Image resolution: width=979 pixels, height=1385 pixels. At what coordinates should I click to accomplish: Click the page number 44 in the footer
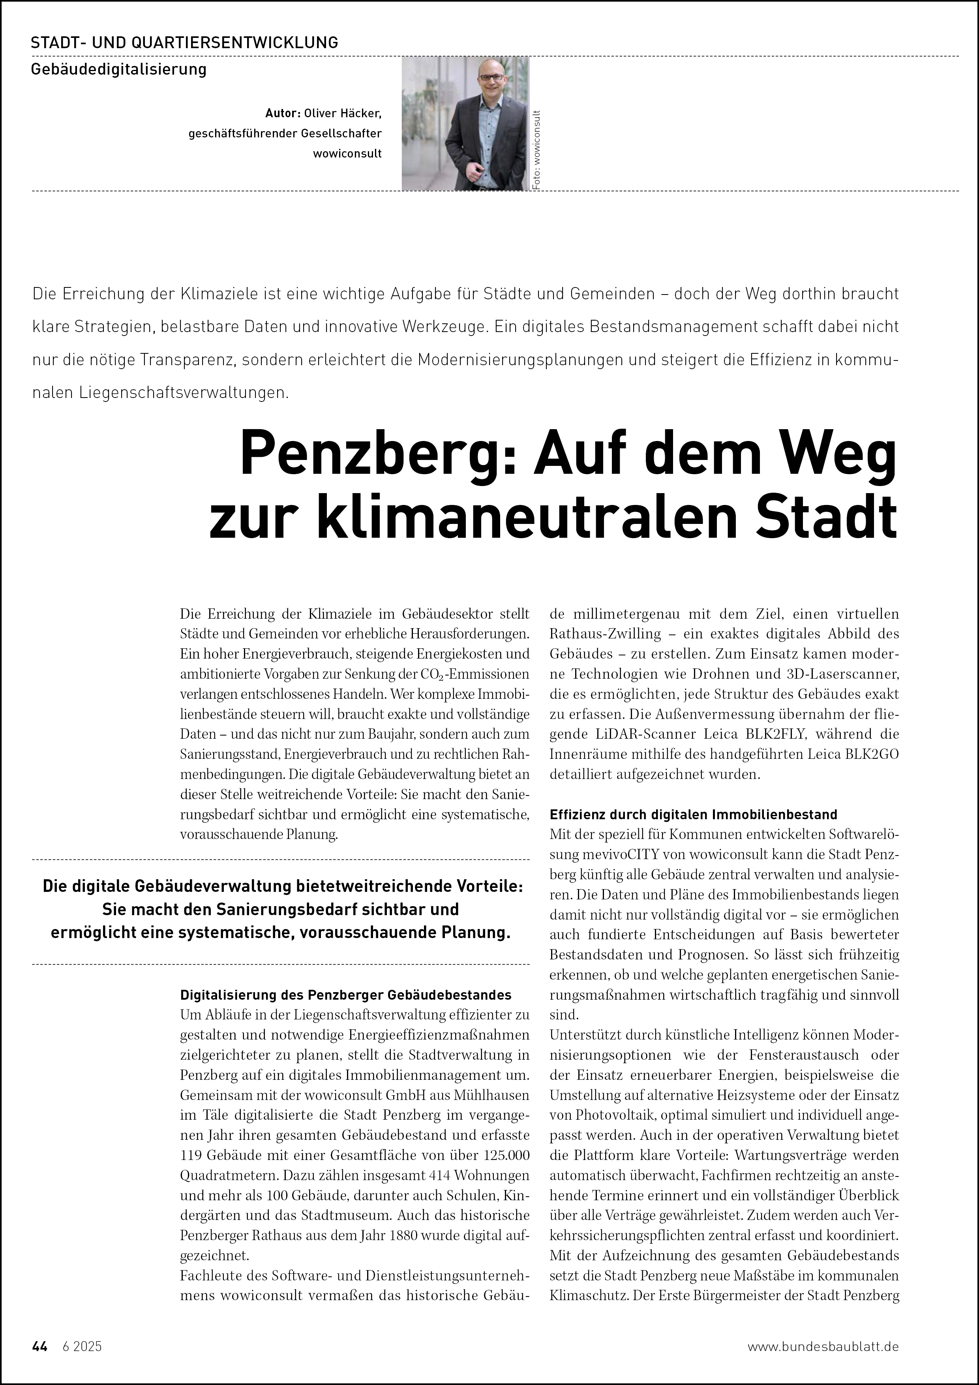[39, 1346]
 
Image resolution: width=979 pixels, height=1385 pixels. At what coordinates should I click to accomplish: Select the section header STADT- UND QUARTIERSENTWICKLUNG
[184, 43]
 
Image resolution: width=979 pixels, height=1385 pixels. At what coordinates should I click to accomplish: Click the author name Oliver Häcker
[343, 113]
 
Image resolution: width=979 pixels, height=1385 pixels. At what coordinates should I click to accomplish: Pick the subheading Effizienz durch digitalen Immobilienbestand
[693, 814]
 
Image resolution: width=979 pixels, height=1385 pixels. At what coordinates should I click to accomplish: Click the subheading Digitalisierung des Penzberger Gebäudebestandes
[346, 995]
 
